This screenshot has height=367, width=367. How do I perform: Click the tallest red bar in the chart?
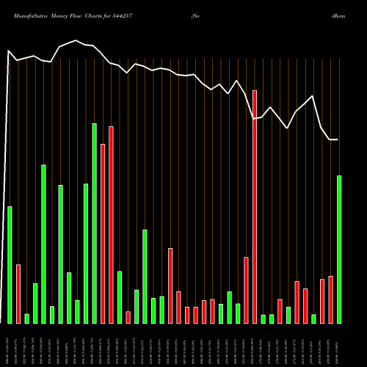click(255, 206)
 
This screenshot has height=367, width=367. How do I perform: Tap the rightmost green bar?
click(339, 249)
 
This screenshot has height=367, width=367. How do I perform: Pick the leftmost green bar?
click(10, 264)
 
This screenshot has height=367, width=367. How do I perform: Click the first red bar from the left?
click(18, 294)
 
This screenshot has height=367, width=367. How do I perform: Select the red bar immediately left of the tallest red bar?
click(247, 290)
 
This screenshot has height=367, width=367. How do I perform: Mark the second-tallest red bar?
click(111, 225)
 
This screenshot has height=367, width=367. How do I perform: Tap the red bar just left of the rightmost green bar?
click(330, 299)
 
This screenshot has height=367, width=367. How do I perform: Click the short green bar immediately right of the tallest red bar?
click(263, 319)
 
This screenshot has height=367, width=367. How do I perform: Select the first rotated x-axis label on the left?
click(10, 345)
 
